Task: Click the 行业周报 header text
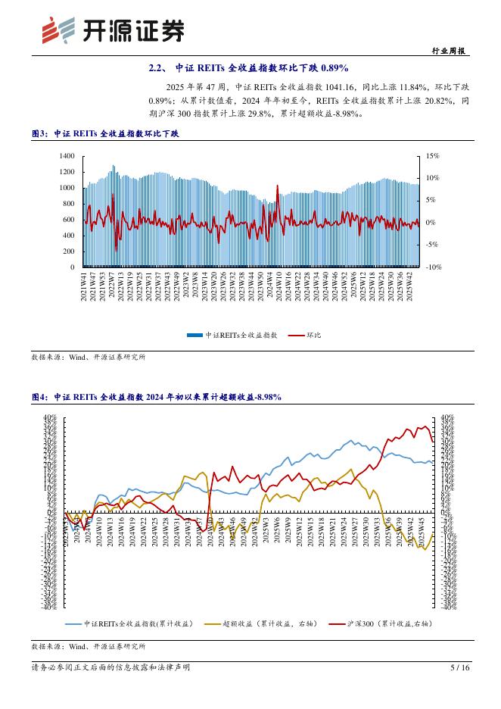click(x=451, y=51)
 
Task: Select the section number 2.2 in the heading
click(x=157, y=69)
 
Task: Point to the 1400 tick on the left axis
click(x=67, y=155)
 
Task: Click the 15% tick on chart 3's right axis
click(x=433, y=155)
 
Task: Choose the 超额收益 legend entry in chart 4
click(x=247, y=623)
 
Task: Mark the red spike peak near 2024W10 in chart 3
click(x=277, y=185)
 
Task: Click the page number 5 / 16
click(x=460, y=667)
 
